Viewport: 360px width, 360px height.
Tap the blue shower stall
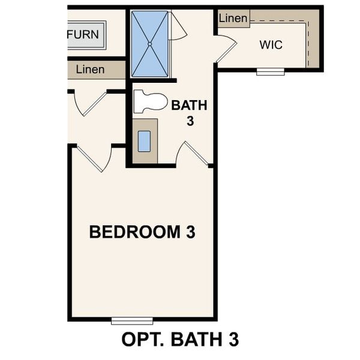click(x=150, y=44)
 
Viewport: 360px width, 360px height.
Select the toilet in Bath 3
click(x=149, y=101)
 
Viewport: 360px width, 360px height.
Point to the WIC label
click(x=271, y=45)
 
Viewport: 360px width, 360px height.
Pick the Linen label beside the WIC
click(x=233, y=19)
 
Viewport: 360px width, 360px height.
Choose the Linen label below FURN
click(x=90, y=70)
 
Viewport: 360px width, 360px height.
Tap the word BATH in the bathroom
click(x=189, y=106)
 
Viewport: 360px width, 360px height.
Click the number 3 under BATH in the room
click(x=189, y=119)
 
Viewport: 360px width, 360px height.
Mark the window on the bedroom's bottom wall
click(x=132, y=320)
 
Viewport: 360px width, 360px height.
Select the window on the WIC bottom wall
click(x=271, y=71)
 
